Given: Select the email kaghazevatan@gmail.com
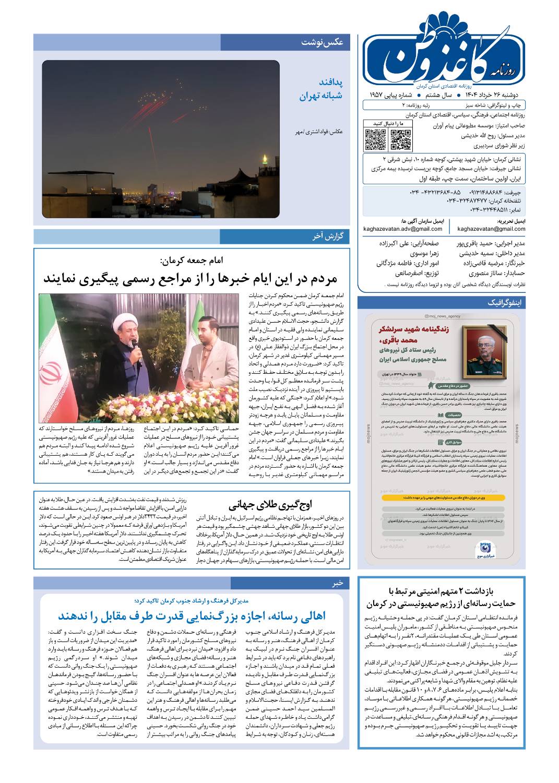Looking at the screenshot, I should coord(491,229).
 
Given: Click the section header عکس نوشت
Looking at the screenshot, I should coord(322,42).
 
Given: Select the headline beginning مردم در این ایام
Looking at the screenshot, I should coord(191,277).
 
